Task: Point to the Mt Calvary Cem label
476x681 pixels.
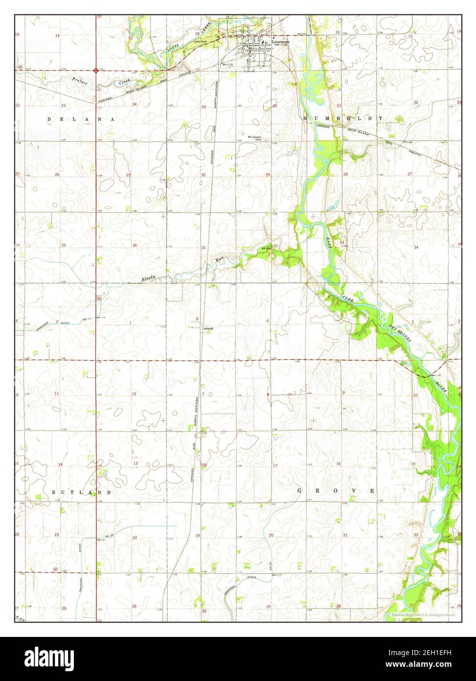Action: pyautogui.click(x=255, y=138)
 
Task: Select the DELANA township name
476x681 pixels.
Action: pyautogui.click(x=81, y=119)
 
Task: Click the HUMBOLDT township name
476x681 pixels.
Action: pyautogui.click(x=342, y=119)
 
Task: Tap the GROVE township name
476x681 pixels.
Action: pyautogui.click(x=337, y=490)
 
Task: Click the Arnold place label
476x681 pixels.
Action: pyautogui.click(x=208, y=328)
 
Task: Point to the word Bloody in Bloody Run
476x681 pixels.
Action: pyautogui.click(x=149, y=278)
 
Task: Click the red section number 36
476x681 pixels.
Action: pyautogui.click(x=134, y=245)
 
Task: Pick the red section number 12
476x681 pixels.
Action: pyautogui.click(x=134, y=394)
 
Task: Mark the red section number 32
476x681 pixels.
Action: pyautogui.click(x=275, y=245)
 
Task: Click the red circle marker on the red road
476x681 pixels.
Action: pyautogui.click(x=95, y=71)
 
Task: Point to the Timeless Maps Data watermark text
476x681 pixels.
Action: pyautogui.click(x=423, y=615)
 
